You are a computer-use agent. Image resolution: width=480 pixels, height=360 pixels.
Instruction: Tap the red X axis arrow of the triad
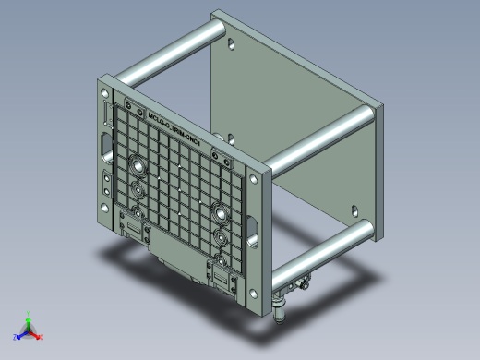[39, 336]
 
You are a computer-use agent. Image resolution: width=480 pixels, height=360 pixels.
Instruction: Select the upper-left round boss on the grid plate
[138, 168]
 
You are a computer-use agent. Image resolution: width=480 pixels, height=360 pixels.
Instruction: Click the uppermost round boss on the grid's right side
[221, 211]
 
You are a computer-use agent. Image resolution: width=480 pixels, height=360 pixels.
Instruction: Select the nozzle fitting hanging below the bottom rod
[281, 305]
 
